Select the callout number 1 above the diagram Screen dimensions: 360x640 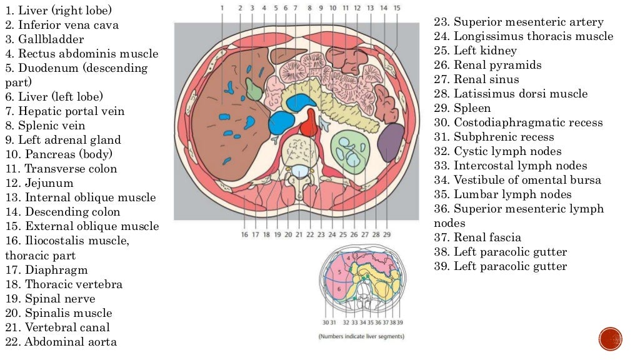[222, 7]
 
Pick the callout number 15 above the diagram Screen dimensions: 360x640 [397, 7]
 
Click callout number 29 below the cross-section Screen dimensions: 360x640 [387, 234]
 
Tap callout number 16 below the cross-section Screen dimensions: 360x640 [244, 234]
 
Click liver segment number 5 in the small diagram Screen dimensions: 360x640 [337, 273]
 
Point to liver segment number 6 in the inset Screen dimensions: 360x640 [339, 289]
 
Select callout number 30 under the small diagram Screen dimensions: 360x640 [326, 322]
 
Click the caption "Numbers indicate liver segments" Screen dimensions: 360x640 [361, 336]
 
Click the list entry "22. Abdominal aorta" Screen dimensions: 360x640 [61, 341]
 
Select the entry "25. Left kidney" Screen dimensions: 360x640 [475, 51]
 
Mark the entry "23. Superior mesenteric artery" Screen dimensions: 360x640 [519, 22]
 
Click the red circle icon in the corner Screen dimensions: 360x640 [610, 339]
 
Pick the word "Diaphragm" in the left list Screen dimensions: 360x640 [56, 270]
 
